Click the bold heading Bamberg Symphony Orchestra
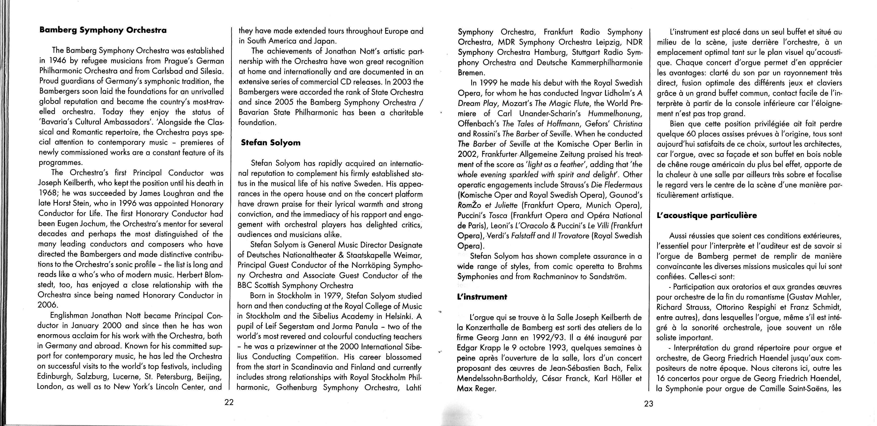103,30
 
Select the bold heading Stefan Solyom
271,143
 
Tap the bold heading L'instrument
482,297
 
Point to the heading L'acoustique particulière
707,215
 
